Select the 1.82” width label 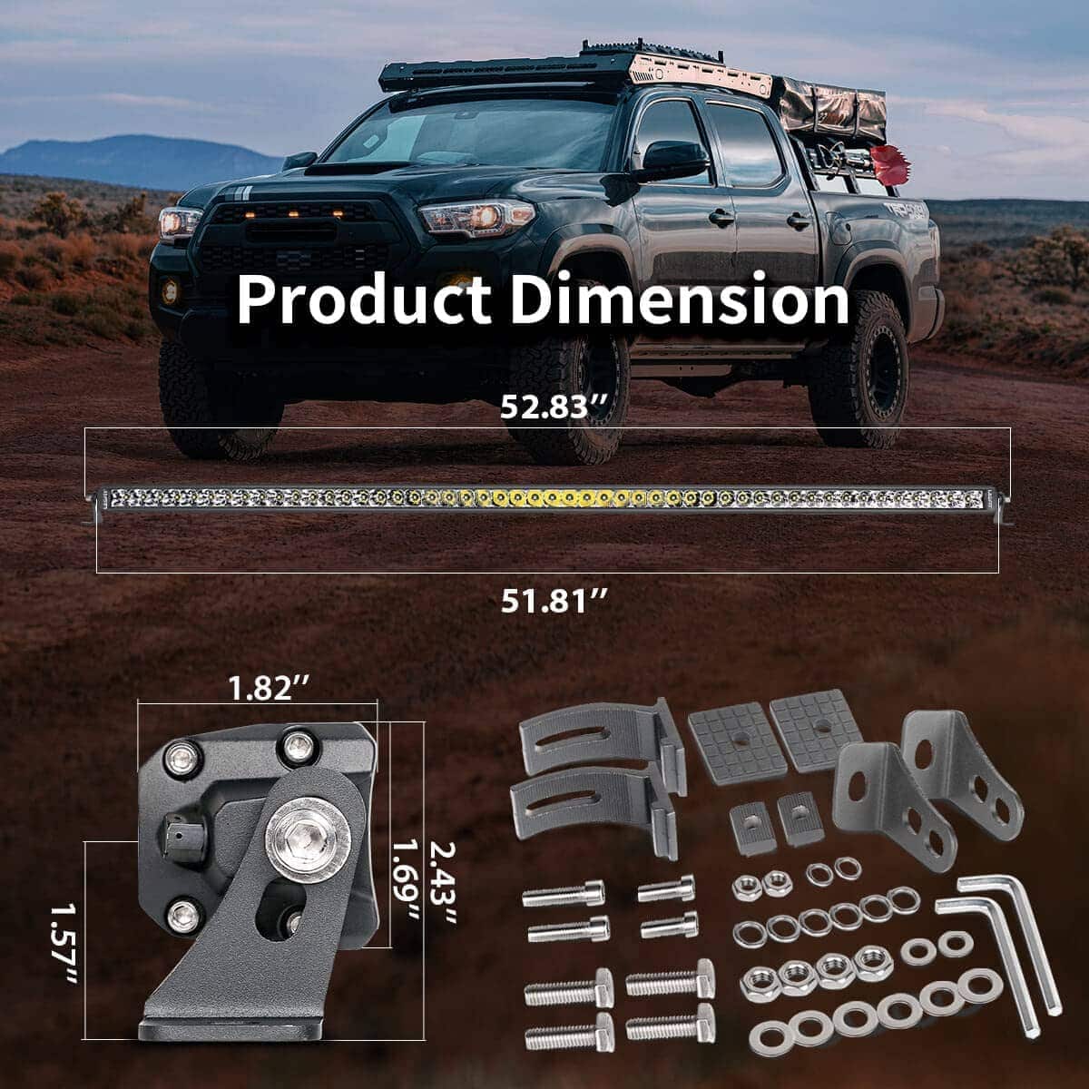(x=269, y=688)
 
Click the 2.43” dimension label (x=443, y=883)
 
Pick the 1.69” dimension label (x=406, y=887)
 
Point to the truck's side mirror (x=674, y=161)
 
